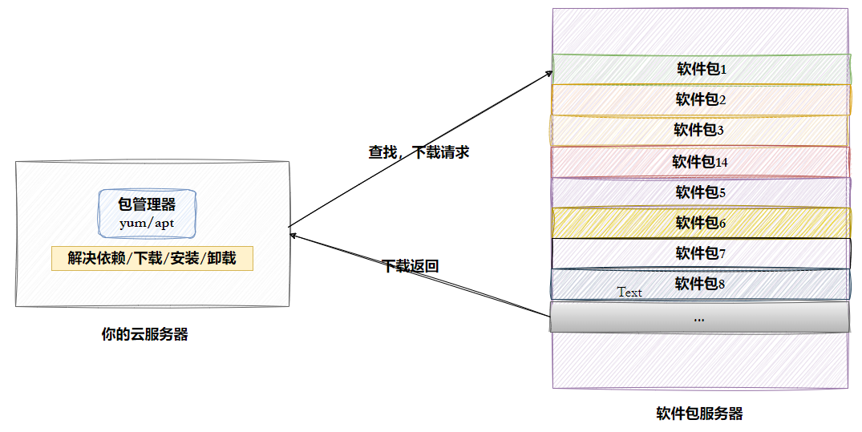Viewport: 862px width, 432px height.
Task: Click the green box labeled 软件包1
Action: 700,69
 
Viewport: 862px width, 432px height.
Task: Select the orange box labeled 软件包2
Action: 700,99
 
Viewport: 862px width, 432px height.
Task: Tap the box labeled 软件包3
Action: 700,130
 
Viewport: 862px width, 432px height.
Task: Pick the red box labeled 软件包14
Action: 700,161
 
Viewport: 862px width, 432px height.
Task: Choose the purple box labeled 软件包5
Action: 700,192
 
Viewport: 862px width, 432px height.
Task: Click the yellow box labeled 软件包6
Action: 700,223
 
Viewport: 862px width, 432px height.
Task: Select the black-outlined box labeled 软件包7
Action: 700,253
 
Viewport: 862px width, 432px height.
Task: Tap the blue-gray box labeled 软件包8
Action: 700,284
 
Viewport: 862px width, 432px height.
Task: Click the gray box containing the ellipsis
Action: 699,317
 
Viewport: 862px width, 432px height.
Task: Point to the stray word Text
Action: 629,293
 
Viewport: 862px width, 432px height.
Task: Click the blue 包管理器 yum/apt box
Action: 147,213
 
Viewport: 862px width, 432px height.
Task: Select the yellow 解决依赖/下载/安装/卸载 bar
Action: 152,258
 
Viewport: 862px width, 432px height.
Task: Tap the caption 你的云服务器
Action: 144,335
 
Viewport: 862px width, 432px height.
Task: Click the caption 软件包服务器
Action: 699,414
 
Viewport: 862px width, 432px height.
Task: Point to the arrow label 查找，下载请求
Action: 419,152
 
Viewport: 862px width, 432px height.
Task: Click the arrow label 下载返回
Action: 410,266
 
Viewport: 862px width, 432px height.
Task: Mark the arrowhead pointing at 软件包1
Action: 550,73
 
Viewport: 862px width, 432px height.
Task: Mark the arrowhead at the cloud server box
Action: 293,235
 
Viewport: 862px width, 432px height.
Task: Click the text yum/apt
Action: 147,223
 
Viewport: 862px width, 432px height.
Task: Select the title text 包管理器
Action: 147,204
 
